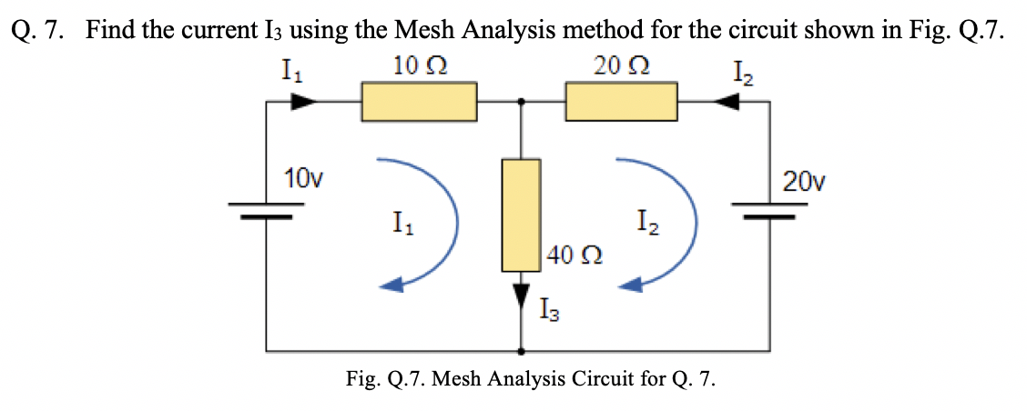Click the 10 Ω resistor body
click(x=419, y=102)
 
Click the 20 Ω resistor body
click(x=621, y=102)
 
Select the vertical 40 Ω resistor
click(x=522, y=215)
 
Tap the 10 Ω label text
click(x=420, y=65)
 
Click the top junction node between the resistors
click(x=522, y=102)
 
